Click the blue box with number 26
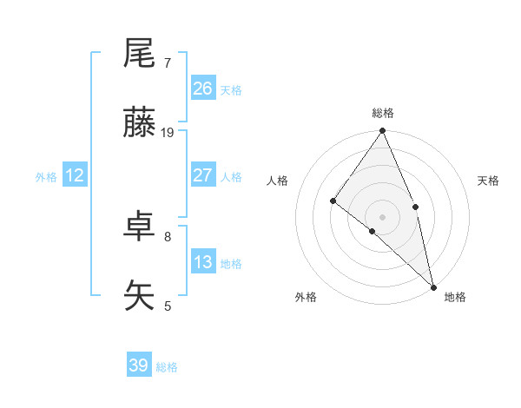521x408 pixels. pos(203,89)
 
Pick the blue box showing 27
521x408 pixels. pos(203,175)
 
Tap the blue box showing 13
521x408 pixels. pos(203,262)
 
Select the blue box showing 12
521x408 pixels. pos(75,175)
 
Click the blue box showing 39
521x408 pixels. pos(139,365)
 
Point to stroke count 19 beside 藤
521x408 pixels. pos(168,133)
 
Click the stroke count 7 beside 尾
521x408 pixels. pos(167,63)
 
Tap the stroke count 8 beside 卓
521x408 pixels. pos(167,235)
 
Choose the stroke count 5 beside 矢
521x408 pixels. pos(167,306)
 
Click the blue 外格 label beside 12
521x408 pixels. pos(46,177)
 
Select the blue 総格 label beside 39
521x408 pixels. pos(167,367)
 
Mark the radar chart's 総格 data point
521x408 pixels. pos(382,132)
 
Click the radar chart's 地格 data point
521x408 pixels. pos(432,286)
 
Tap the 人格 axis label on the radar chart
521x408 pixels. pos(278,181)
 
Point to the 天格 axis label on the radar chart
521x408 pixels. pos(488,181)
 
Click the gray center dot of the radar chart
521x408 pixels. pos(382,216)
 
